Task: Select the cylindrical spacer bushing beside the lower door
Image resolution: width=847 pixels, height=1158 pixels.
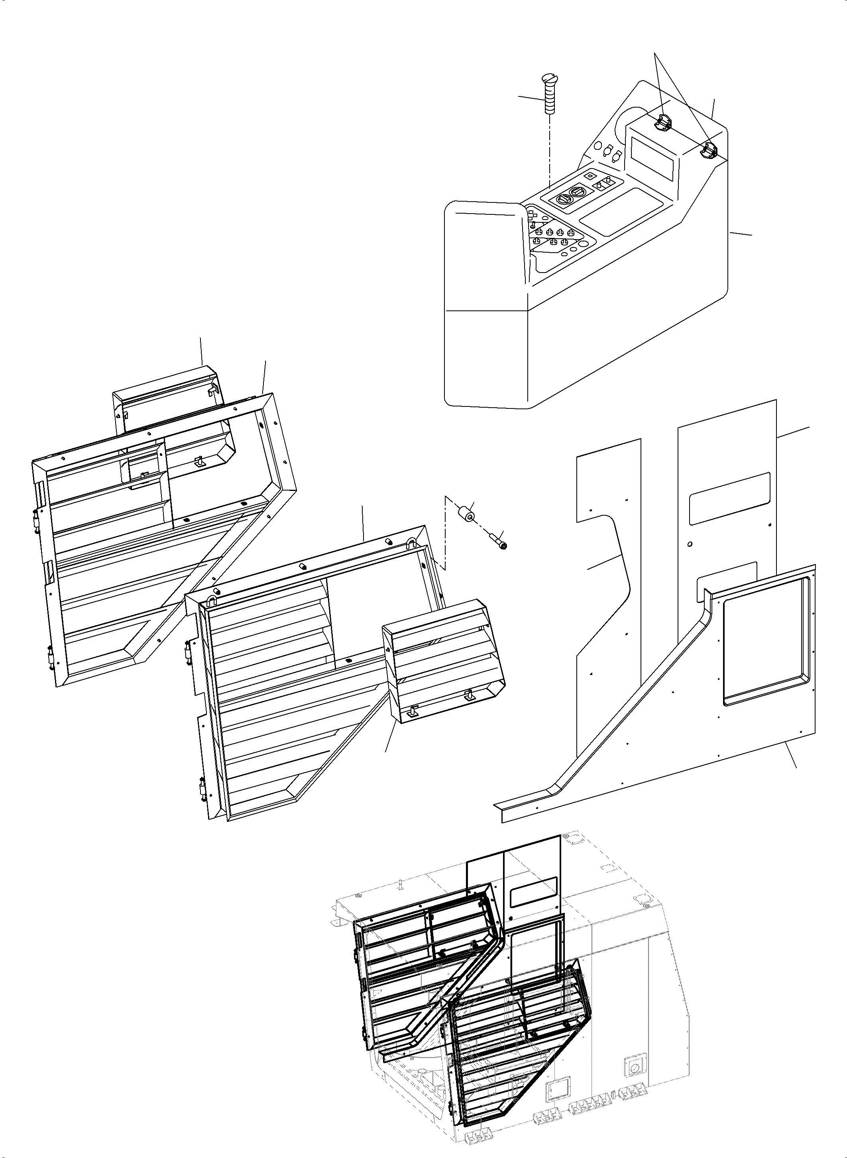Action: pyautogui.click(x=466, y=513)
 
